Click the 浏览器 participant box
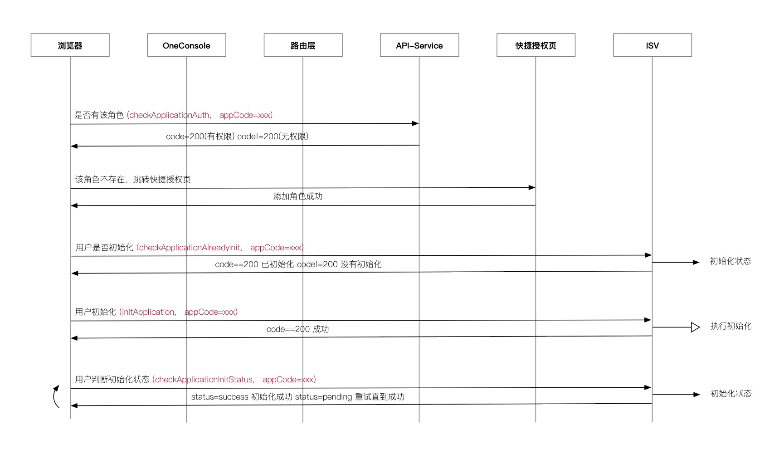(70, 45)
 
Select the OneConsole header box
(186, 45)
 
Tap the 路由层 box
(303, 45)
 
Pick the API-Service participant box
(419, 45)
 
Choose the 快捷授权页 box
(536, 45)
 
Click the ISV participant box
(652, 45)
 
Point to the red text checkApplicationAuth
(170, 115)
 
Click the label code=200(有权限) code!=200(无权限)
(237, 137)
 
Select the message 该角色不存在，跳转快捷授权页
(133, 180)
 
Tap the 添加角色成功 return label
(298, 196)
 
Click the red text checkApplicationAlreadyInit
(190, 248)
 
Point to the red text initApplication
(148, 312)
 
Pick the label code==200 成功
(298, 329)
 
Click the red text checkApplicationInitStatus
(204, 380)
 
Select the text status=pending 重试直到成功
(350, 397)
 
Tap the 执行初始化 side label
(731, 326)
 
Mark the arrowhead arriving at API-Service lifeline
(415, 123)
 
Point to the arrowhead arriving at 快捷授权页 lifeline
(532, 187)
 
